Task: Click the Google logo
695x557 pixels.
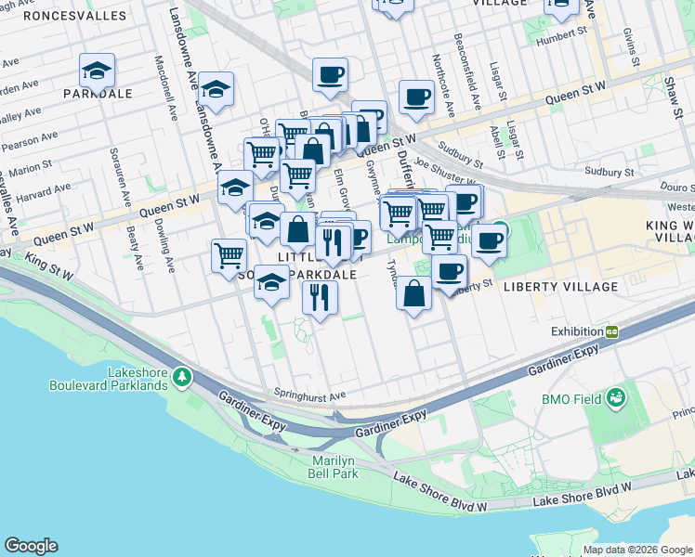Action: coord(31,546)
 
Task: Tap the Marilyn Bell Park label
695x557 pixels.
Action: coord(333,467)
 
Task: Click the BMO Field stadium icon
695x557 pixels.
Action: coord(614,399)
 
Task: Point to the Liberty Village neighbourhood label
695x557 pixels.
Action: coord(560,287)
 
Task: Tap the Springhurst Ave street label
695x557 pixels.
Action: coord(308,394)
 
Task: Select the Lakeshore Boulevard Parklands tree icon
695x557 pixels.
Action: coord(183,377)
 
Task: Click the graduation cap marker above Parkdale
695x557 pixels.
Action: coord(97,70)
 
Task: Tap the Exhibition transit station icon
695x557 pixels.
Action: coord(612,331)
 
